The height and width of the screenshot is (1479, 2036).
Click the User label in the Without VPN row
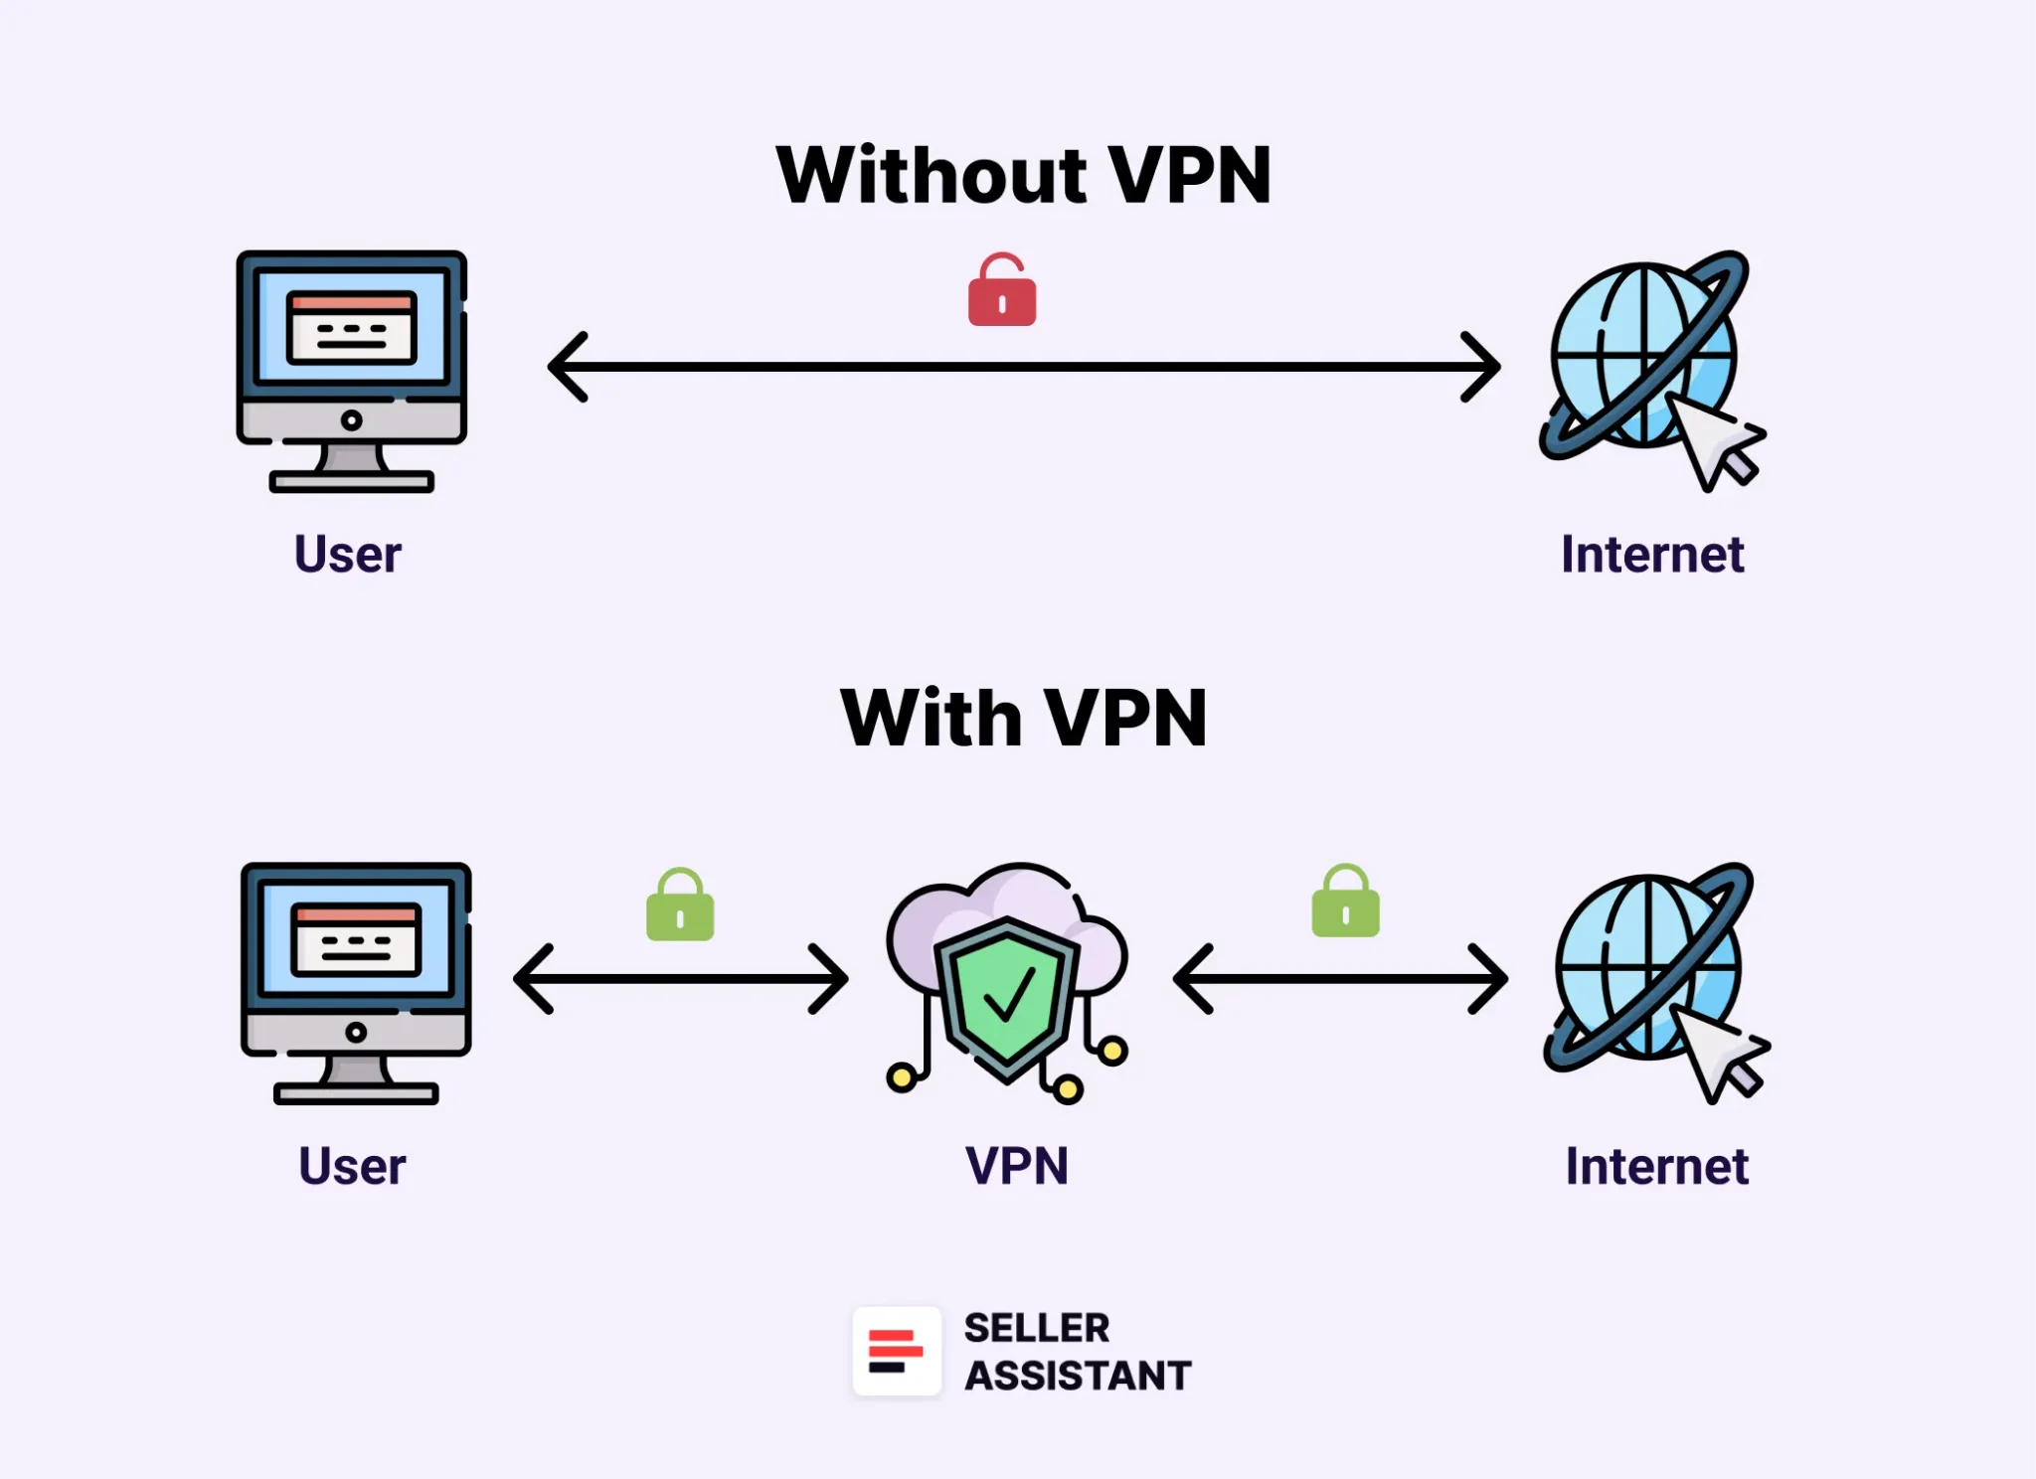point(348,554)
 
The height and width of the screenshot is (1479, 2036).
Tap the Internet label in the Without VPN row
point(1652,554)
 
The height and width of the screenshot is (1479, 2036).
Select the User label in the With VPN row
point(352,1166)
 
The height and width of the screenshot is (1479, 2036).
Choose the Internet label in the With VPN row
point(1656,1166)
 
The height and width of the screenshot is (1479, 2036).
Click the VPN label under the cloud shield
point(1016,1166)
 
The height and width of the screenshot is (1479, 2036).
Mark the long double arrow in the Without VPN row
point(1023,367)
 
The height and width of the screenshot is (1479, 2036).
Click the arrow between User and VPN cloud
point(680,979)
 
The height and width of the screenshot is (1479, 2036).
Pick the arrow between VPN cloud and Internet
point(1340,979)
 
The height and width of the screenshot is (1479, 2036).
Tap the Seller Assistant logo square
point(896,1351)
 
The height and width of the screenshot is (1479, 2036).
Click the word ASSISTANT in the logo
point(1078,1376)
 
